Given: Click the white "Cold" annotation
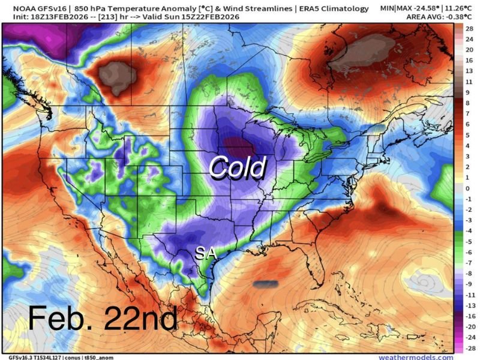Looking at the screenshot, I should (x=236, y=167).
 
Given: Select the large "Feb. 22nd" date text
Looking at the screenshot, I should (x=103, y=319).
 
